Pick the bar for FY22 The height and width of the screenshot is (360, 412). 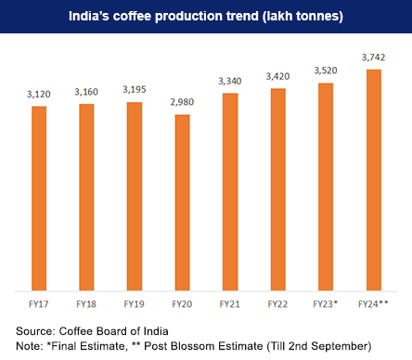click(x=278, y=189)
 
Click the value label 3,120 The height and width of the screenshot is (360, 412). click(x=39, y=95)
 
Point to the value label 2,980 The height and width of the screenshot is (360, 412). click(x=183, y=102)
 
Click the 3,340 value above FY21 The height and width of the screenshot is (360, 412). click(x=231, y=82)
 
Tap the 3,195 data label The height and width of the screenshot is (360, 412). click(x=135, y=90)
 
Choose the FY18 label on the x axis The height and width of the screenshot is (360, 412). click(x=87, y=303)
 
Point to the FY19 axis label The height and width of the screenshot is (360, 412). click(x=135, y=303)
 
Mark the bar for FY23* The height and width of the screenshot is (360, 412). click(x=327, y=186)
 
